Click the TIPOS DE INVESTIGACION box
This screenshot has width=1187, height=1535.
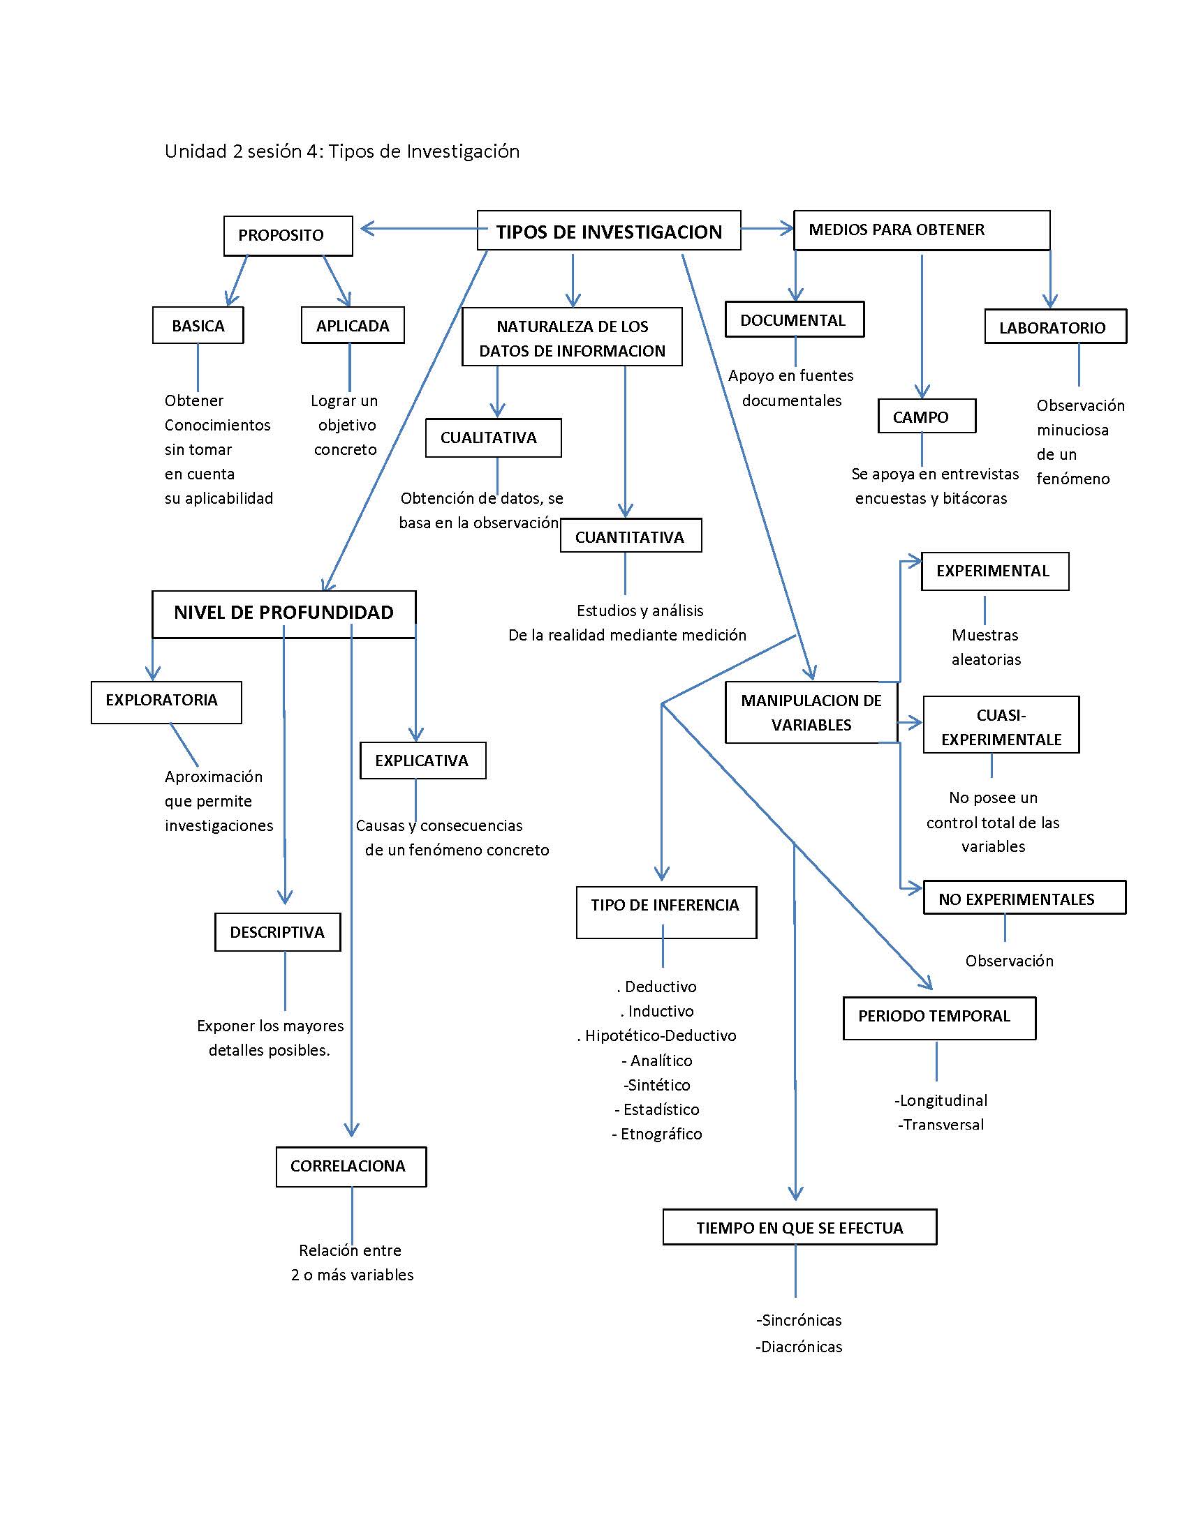point(608,230)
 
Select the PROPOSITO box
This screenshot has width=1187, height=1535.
point(288,235)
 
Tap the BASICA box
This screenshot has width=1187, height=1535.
point(198,325)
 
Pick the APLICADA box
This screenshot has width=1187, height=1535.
point(353,325)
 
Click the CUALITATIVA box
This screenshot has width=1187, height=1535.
point(492,438)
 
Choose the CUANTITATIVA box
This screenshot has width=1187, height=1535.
point(630,537)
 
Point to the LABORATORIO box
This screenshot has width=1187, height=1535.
point(1055,327)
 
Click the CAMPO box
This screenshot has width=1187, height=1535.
point(926,417)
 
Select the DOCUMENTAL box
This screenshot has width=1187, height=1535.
point(794,320)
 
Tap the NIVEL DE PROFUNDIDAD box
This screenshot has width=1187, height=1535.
point(283,613)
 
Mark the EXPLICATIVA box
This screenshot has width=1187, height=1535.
point(422,761)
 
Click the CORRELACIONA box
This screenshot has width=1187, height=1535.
point(351,1167)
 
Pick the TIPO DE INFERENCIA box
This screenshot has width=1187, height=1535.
point(665,912)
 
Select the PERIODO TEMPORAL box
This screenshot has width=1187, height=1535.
point(938,1017)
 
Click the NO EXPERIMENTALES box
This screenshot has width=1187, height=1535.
point(1023,898)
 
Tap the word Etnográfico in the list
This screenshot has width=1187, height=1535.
point(661,1134)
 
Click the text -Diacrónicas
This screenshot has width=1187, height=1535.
point(799,1347)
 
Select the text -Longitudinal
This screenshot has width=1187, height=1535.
point(941,1100)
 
